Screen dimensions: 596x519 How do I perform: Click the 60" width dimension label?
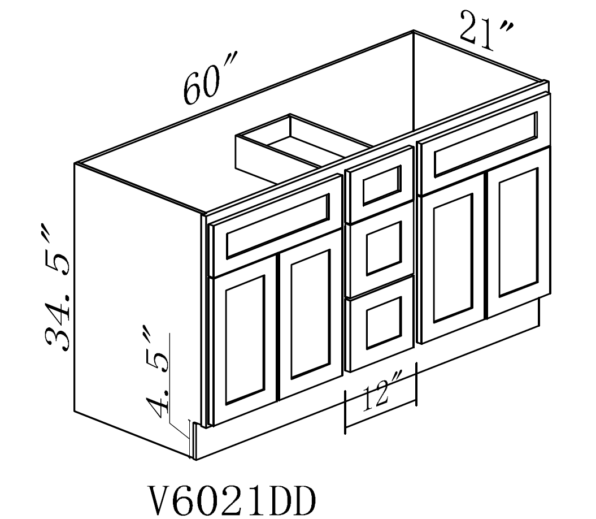click(210, 79)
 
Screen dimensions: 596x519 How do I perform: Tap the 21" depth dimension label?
click(486, 31)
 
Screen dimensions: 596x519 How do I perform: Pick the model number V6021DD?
click(232, 499)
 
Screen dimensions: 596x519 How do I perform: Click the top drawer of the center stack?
click(380, 184)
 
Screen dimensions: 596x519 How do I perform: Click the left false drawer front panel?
click(276, 226)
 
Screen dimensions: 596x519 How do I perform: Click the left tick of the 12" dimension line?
click(345, 412)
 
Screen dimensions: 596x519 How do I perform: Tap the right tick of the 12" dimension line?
click(416, 383)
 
